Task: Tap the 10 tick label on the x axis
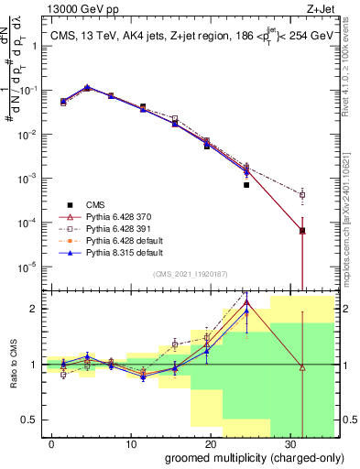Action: click(x=129, y=443)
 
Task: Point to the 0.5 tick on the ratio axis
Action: click(x=33, y=420)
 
